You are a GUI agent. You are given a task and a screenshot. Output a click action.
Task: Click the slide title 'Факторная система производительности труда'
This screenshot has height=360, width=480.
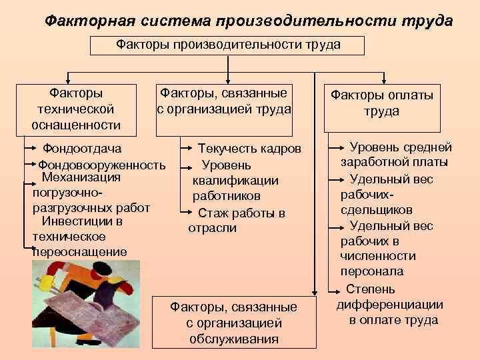(x=248, y=21)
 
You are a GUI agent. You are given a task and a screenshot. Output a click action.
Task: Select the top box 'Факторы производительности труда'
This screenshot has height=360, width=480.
(x=228, y=45)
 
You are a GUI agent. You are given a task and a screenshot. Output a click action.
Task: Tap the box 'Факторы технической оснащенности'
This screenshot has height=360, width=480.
(x=76, y=107)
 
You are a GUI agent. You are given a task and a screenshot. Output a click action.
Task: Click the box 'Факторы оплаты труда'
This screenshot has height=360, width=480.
(x=382, y=103)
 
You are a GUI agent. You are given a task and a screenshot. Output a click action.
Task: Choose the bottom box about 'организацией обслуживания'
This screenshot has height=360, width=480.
(x=233, y=323)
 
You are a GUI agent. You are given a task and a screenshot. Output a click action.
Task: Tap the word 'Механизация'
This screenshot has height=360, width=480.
(x=81, y=177)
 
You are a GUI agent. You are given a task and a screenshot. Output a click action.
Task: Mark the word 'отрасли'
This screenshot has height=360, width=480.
(x=212, y=228)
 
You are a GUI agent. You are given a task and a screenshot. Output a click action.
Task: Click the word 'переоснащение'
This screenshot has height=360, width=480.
(x=79, y=252)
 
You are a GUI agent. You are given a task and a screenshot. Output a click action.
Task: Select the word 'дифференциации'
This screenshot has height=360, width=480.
(x=390, y=305)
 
